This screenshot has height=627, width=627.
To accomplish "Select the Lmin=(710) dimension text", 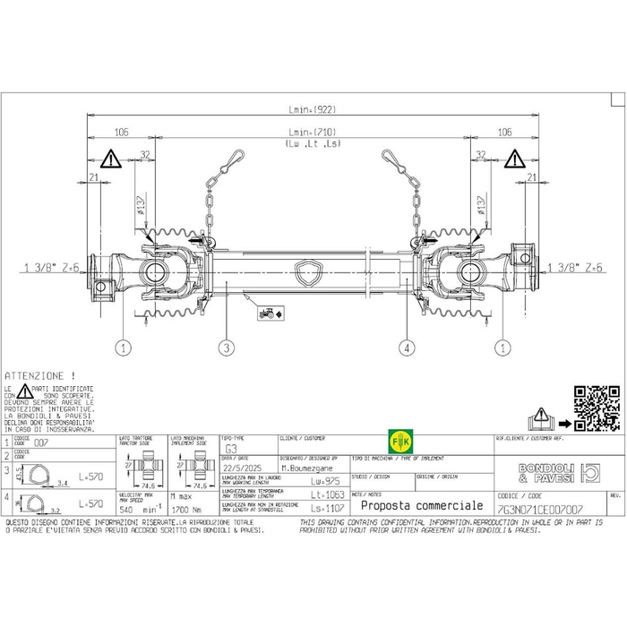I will [x=312, y=132].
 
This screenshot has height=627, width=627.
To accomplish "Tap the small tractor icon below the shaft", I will [x=267, y=313].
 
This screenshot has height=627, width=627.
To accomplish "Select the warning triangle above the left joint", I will [x=110, y=160].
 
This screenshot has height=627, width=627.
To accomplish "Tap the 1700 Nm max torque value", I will [x=185, y=507].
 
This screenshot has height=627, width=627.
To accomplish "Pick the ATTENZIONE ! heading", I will [x=40, y=374].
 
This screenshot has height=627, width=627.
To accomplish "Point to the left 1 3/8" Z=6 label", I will [x=52, y=268].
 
